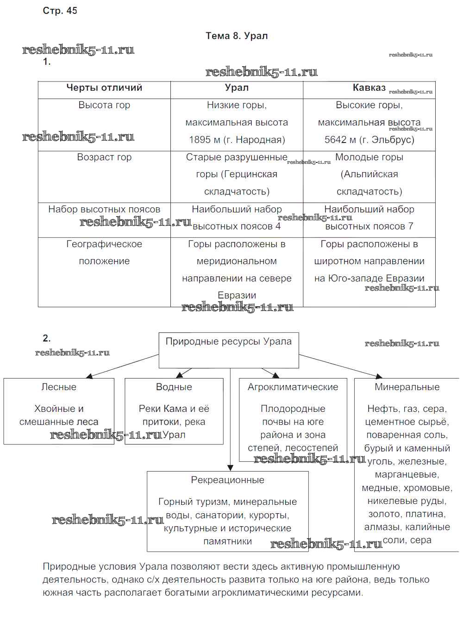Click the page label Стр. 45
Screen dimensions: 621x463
pos(60,11)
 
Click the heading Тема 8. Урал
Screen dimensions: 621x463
pos(237,36)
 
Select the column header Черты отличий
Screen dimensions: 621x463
pos(104,88)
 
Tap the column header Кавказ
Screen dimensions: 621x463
pos(369,88)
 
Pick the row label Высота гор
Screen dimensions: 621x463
pos(104,105)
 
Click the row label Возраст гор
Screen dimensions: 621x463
pos(104,157)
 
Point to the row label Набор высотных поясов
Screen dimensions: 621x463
pos(104,209)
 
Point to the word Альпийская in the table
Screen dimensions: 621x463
pos(369,174)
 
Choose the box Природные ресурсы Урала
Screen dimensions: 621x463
pos(229,350)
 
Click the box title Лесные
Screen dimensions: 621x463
pos(59,387)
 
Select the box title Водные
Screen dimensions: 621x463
pos(174,387)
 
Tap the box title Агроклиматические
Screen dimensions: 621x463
pos(293,387)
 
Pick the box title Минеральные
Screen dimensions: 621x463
pos(407,387)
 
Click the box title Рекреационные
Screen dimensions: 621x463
pos(227,480)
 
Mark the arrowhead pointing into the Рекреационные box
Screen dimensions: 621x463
pos(230,468)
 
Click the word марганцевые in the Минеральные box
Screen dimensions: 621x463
pos(407,475)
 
